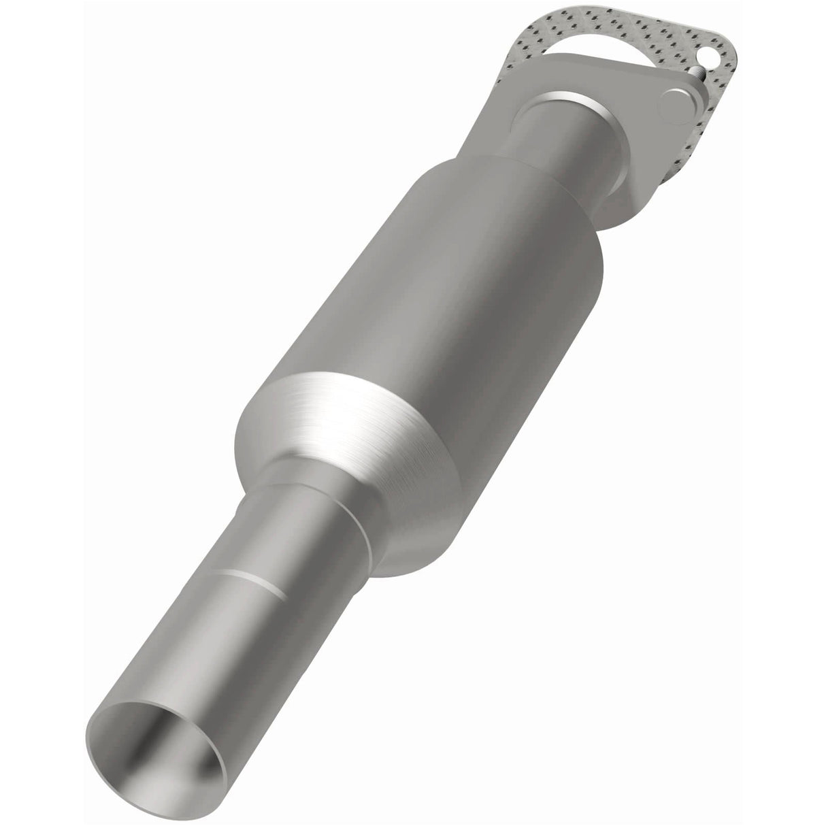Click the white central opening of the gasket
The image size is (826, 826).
[592, 58]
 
